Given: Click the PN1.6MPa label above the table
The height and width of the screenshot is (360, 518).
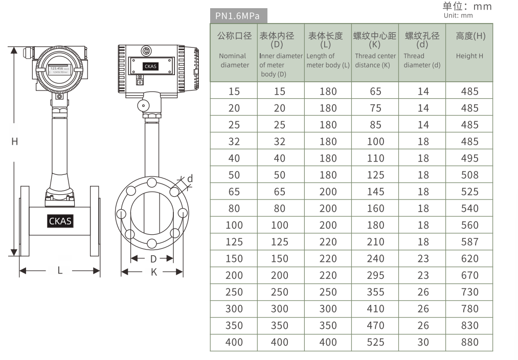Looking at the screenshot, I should (238, 16).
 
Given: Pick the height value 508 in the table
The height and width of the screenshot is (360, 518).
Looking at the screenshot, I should (469, 175).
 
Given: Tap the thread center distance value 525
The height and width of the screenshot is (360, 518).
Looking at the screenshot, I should (375, 342).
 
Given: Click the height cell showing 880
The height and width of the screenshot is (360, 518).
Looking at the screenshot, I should (469, 342).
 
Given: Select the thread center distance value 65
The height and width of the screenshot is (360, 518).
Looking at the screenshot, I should (375, 92).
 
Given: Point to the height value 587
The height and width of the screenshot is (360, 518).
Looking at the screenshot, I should (469, 242).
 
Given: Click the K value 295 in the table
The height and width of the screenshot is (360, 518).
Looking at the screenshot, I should (375, 275).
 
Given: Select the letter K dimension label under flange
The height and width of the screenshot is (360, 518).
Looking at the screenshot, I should (153, 272).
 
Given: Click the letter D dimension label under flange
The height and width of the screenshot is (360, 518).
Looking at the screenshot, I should (153, 259).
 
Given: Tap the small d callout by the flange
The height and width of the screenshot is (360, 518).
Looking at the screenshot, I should (190, 178).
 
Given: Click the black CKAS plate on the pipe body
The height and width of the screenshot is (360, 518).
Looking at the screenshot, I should (60, 221).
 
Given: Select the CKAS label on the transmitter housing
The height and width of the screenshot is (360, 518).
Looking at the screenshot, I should (151, 66).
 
